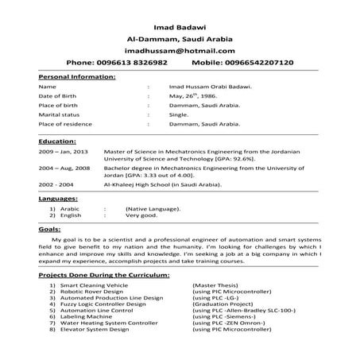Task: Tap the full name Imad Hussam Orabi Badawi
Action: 211,86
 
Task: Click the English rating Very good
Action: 143,215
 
